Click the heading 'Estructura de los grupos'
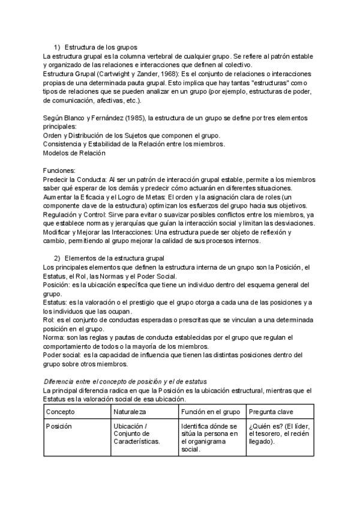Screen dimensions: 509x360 101,47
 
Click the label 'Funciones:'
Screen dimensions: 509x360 59,170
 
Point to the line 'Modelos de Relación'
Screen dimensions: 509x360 75,153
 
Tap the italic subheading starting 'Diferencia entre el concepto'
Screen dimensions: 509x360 125,381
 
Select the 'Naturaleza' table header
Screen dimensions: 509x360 130,412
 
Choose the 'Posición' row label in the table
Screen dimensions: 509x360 59,426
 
